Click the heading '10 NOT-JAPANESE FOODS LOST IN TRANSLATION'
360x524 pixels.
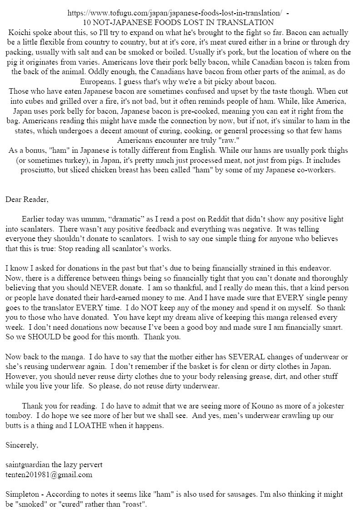[x=180, y=22]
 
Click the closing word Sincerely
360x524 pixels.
[x=20, y=445]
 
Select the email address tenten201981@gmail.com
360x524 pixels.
[x=49, y=474]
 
